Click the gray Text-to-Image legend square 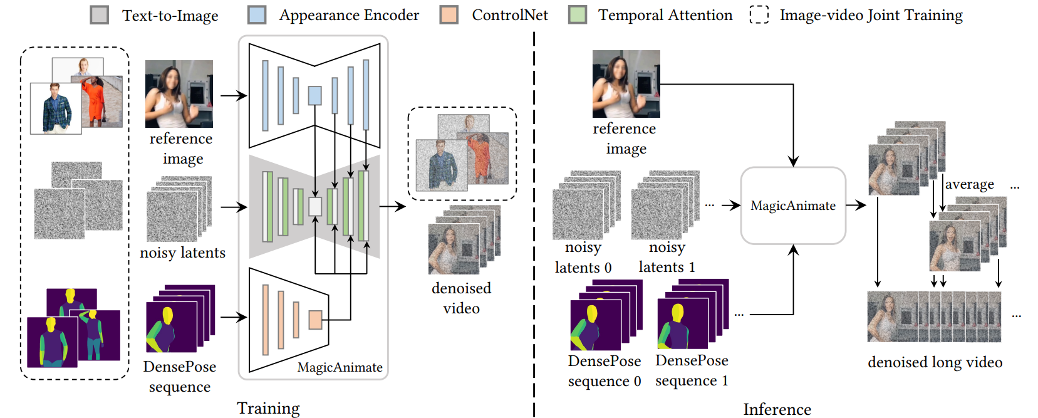pos(100,15)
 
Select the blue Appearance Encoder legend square pos(257,15)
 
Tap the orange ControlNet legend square pos(449,15)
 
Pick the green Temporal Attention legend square pos(578,15)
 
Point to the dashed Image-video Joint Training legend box pos(759,15)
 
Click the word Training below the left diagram pos(268,408)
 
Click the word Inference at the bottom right pos(777,409)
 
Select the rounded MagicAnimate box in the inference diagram pos(793,206)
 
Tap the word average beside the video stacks pos(969,184)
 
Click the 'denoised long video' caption pos(935,362)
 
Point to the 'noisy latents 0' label pos(583,258)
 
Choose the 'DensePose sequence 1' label pos(692,370)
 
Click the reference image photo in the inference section pos(626,84)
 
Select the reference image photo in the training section pos(179,94)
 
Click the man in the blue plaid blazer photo pos(56,108)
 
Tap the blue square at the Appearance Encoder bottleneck pos(314,95)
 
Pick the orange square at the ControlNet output pos(315,320)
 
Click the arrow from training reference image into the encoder pos(233,96)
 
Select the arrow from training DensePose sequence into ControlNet pos(233,317)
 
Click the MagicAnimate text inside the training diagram pos(340,367)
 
